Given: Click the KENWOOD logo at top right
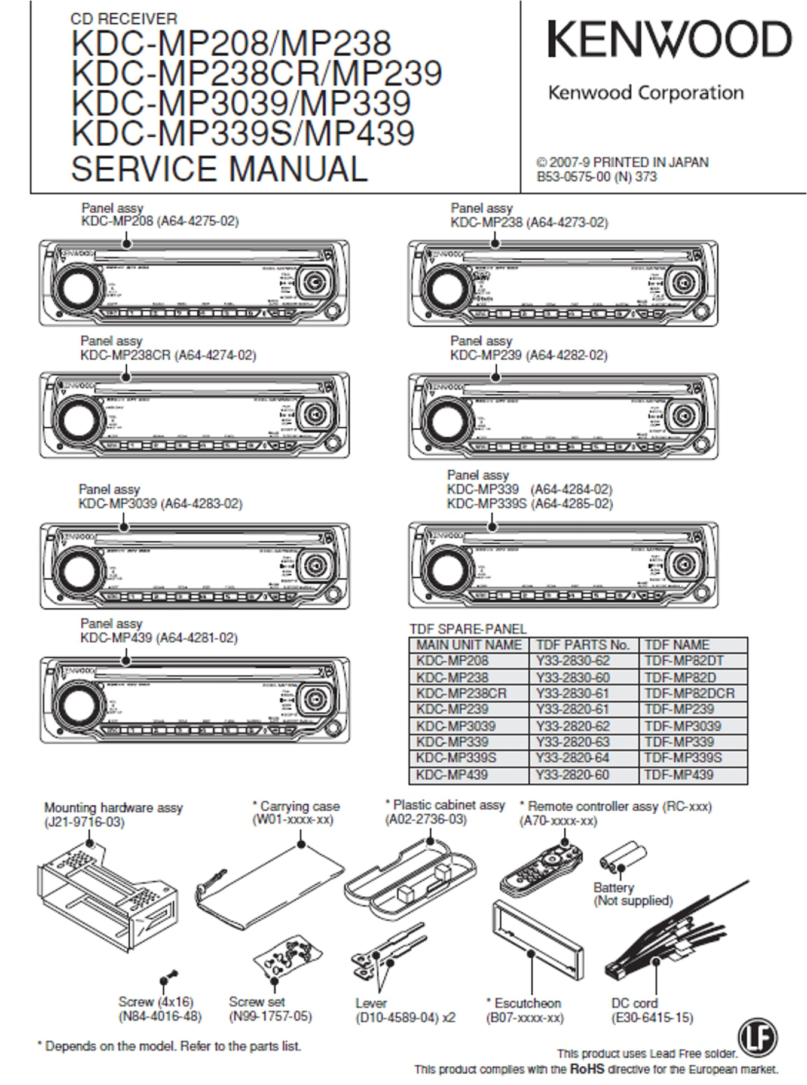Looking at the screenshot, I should click(670, 40).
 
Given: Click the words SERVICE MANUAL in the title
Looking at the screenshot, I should click(219, 168).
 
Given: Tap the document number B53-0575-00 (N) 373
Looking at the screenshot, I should click(597, 177).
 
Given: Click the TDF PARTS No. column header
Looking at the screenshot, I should click(583, 645).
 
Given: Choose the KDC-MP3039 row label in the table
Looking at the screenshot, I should click(456, 726).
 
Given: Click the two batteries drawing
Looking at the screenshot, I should click(623, 859).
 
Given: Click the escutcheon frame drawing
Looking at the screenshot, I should click(536, 939).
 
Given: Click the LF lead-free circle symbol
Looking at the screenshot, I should click(757, 1036).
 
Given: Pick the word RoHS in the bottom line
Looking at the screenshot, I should click(587, 1069).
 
